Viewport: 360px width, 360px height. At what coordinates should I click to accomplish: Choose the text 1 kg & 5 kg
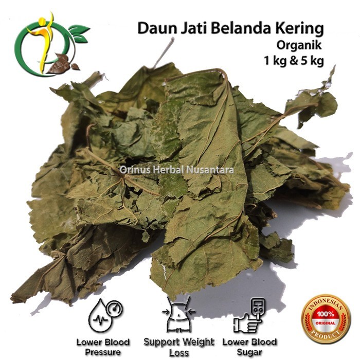point(294,61)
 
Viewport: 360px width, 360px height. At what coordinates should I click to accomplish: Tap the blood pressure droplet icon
point(105,315)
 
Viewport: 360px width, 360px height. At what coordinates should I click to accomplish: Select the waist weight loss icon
point(178,314)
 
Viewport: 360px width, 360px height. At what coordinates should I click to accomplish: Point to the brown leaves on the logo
point(63,64)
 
